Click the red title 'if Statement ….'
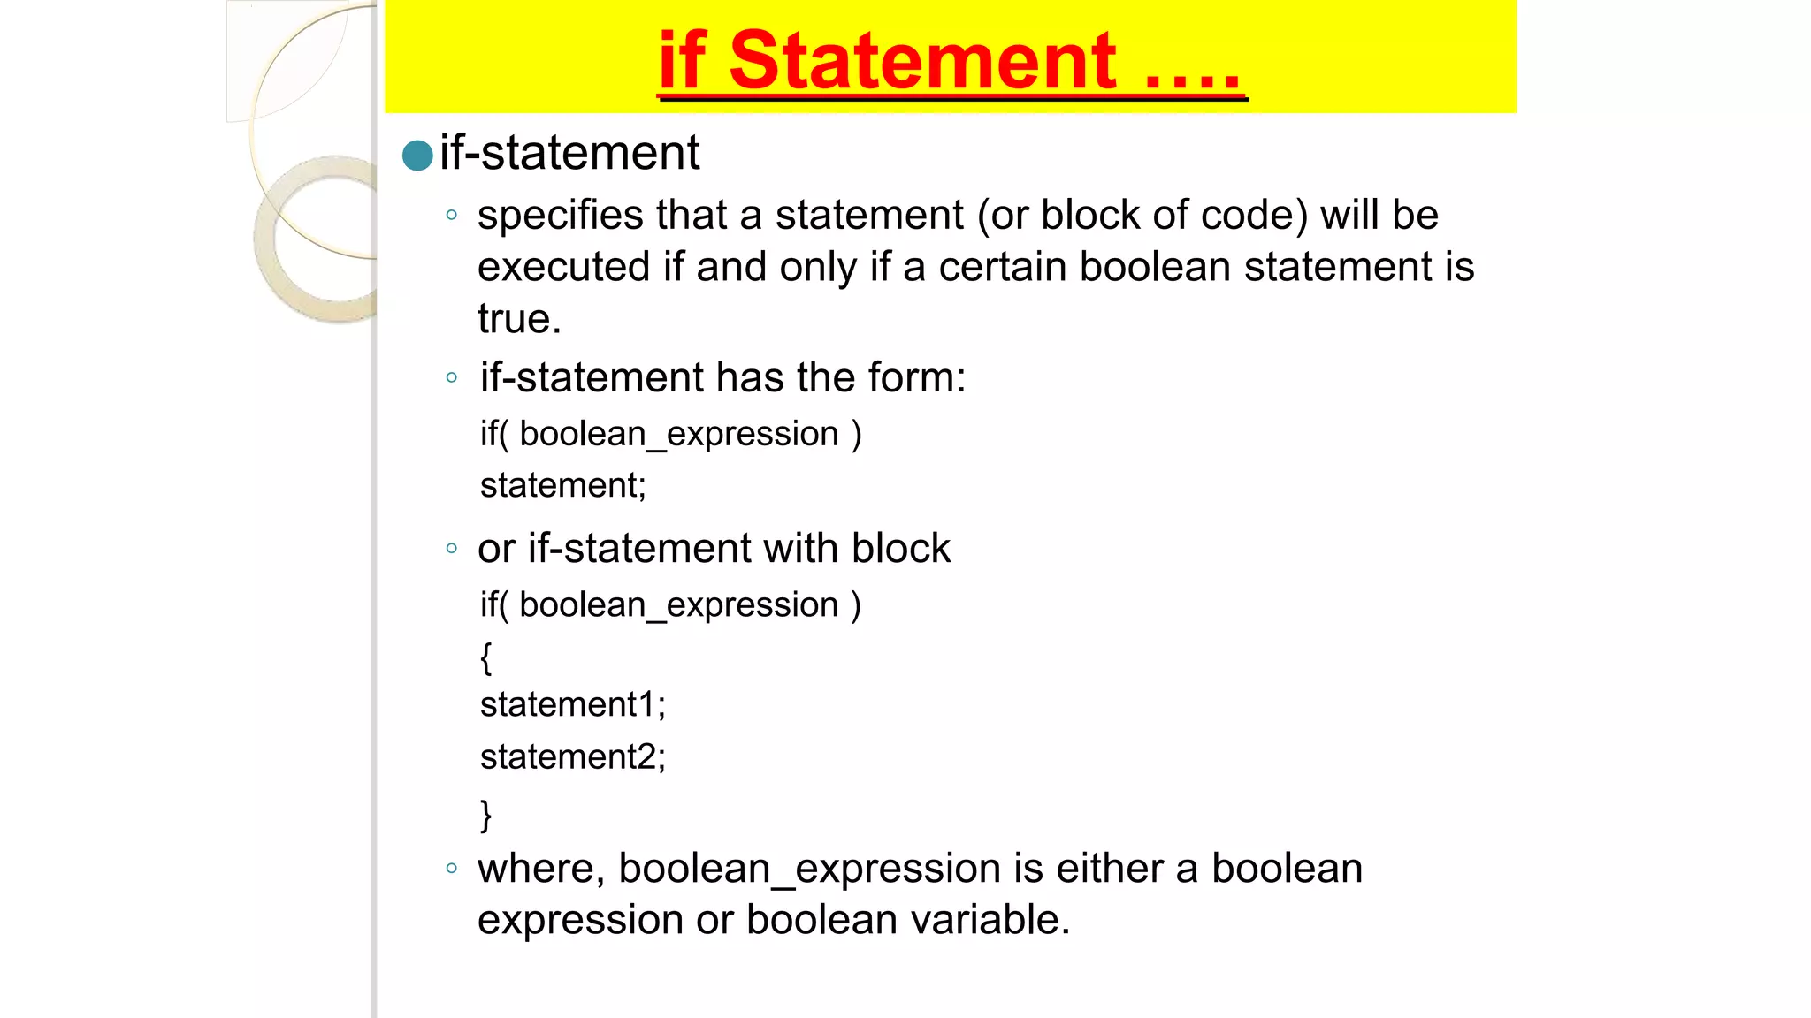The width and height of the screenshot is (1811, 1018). click(951, 61)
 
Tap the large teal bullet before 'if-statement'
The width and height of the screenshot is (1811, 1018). click(417, 156)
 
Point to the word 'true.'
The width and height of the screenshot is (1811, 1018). click(519, 319)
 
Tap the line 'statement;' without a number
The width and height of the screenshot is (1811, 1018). click(563, 486)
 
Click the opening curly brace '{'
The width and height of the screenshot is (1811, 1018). click(485, 658)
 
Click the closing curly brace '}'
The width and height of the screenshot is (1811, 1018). click(485, 814)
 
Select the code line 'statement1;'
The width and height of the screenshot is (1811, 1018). click(572, 705)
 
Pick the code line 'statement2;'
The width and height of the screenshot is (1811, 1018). click(572, 757)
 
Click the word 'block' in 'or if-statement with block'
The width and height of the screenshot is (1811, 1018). click(901, 549)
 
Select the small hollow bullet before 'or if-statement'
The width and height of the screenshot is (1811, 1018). click(452, 549)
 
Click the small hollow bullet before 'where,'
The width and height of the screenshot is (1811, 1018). click(452, 869)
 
